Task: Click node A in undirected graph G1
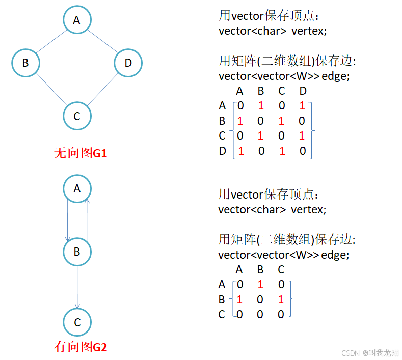click(77, 20)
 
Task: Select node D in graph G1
click(128, 63)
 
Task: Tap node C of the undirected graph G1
click(77, 116)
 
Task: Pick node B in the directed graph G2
click(77, 252)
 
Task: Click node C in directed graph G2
click(77, 322)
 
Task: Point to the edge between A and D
click(103, 41)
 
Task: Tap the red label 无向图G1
click(81, 153)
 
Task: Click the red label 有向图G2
click(81, 347)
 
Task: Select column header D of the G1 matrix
click(303, 92)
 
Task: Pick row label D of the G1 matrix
click(222, 151)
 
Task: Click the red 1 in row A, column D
click(303, 106)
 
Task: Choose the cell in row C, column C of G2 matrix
click(281, 315)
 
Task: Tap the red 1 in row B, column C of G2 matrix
click(281, 300)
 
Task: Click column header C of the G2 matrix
click(281, 270)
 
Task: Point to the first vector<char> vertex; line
click(273, 31)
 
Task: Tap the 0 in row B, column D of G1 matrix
click(303, 121)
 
